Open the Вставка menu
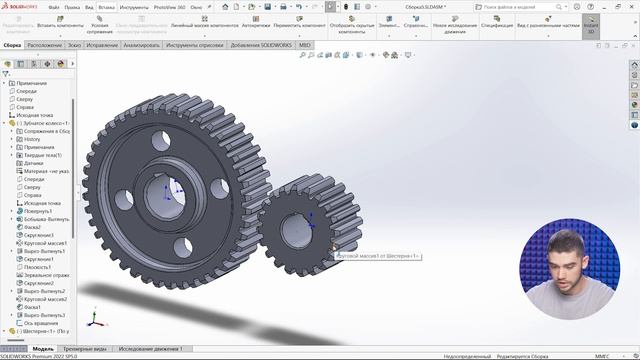[106, 6]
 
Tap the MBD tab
[304, 45]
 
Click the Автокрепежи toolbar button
[256, 23]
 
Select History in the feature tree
[32, 139]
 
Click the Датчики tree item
[34, 163]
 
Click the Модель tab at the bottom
[43, 348]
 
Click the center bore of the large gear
[164, 189]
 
